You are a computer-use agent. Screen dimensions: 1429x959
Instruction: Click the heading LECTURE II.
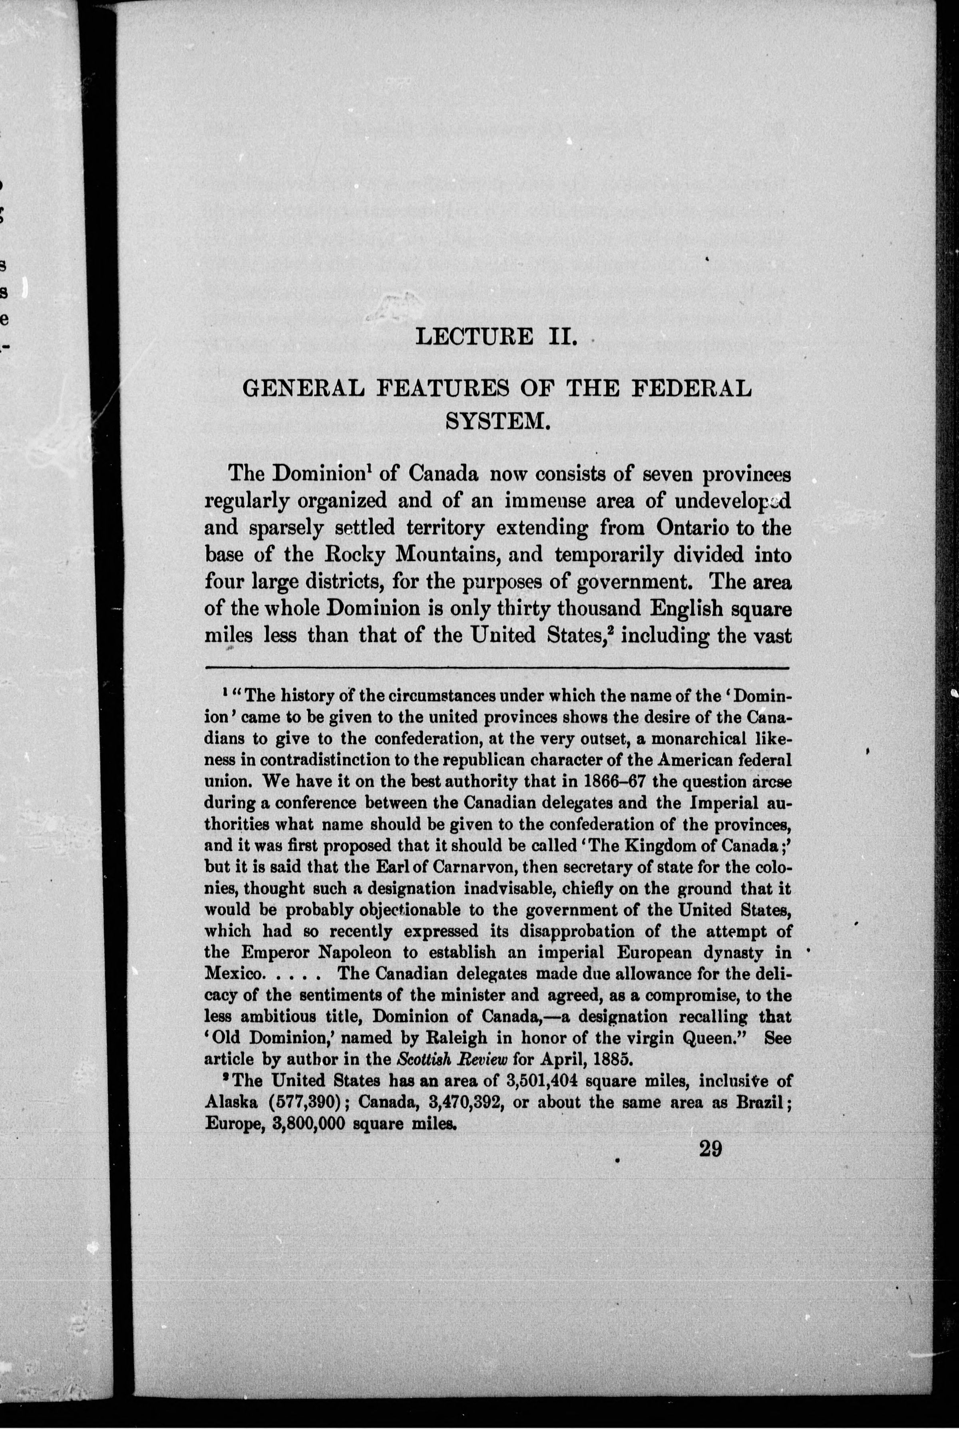pyautogui.click(x=496, y=336)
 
